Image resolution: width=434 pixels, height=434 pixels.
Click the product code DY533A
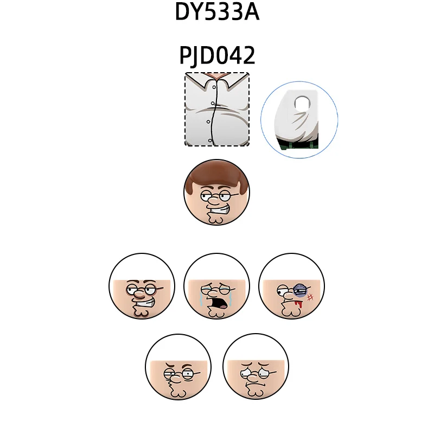tap(217, 12)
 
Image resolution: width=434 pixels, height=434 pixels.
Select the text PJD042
tap(217, 55)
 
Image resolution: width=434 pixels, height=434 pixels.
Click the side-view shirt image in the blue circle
tap(299, 120)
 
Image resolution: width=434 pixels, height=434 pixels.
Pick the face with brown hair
tap(216, 192)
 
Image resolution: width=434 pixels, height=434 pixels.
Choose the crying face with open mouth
tap(216, 286)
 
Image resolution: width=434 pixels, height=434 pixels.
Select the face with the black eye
tap(291, 286)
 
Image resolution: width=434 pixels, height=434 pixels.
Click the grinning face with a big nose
tap(142, 286)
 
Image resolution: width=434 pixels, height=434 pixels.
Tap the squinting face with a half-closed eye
tap(178, 366)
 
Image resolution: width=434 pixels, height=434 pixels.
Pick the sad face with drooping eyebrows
tap(256, 366)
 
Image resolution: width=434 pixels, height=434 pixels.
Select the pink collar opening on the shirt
tap(217, 76)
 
